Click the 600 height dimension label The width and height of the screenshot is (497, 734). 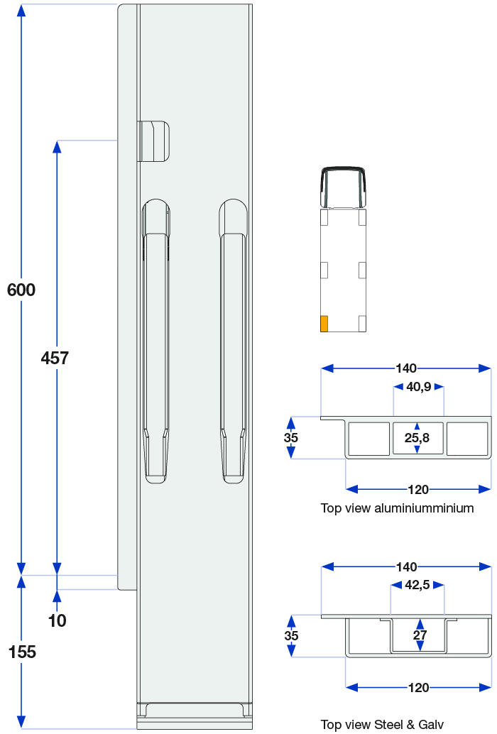(x=21, y=290)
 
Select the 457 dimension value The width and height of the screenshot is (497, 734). (x=55, y=358)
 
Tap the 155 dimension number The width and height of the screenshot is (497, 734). (x=22, y=652)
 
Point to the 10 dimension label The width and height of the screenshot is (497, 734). (x=57, y=620)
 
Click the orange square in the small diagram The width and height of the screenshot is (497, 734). (x=324, y=324)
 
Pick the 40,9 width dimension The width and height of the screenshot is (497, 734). (x=419, y=387)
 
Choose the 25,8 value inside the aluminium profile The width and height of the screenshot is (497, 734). (x=417, y=438)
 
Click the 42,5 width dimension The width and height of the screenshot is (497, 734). (x=417, y=585)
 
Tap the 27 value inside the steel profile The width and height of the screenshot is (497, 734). (x=420, y=635)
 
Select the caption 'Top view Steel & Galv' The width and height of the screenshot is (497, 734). (x=382, y=725)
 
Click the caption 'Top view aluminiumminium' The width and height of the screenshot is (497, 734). (x=398, y=508)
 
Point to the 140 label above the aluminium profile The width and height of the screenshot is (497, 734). (x=405, y=368)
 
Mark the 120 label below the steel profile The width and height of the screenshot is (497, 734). (x=418, y=688)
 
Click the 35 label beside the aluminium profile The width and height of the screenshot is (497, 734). (x=290, y=438)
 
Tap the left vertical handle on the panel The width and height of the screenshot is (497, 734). (x=155, y=341)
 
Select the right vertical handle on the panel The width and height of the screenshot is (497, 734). (x=233, y=341)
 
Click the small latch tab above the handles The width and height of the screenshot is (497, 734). (x=153, y=141)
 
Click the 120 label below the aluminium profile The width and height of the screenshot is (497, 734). (x=418, y=490)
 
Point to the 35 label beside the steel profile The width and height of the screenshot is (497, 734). (x=291, y=636)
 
